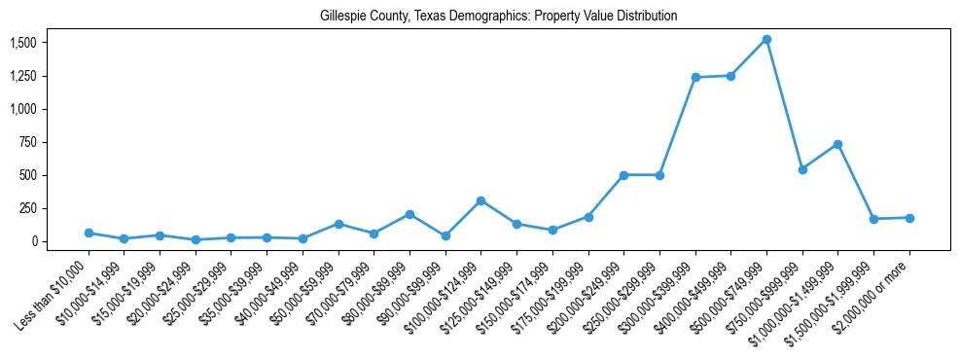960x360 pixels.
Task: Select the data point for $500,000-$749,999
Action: pyautogui.click(x=766, y=40)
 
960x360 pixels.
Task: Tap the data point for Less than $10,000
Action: pyautogui.click(x=89, y=234)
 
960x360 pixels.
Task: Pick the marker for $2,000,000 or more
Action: pyautogui.click(x=909, y=218)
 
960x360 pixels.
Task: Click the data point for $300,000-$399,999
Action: pyautogui.click(x=695, y=77)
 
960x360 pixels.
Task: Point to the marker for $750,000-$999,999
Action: pyautogui.click(x=802, y=169)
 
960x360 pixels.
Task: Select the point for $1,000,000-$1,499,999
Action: pyautogui.click(x=837, y=144)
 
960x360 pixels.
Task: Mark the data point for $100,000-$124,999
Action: pyautogui.click(x=480, y=200)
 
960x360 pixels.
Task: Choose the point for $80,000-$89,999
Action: pyautogui.click(x=409, y=214)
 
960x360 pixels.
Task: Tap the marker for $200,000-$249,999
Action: pyautogui.click(x=623, y=175)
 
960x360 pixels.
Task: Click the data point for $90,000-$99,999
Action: pyautogui.click(x=445, y=235)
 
